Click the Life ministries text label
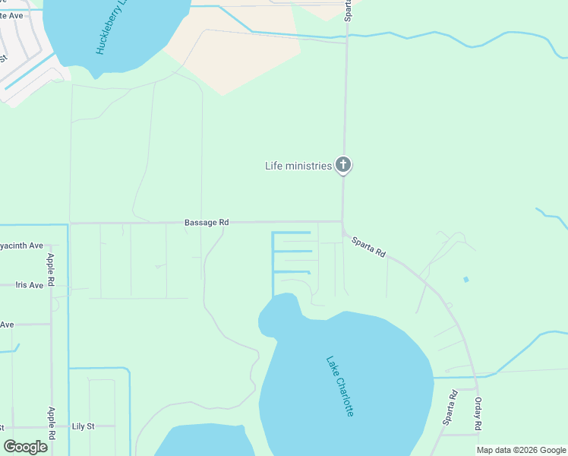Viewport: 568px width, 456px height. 298,166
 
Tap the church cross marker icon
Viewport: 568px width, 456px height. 343,165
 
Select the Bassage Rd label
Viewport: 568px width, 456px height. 207,223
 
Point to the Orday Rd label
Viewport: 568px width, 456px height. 478,414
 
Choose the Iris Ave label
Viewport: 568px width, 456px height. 30,285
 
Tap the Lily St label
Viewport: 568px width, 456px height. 84,426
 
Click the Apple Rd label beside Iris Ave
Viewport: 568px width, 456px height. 52,270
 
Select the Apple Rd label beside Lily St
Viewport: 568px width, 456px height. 52,424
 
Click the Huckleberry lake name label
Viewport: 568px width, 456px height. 109,29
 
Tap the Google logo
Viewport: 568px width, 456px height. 26,447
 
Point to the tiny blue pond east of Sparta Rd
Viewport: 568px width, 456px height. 465,280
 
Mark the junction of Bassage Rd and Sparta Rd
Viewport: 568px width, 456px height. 342,223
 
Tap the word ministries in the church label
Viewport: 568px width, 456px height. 313,166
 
